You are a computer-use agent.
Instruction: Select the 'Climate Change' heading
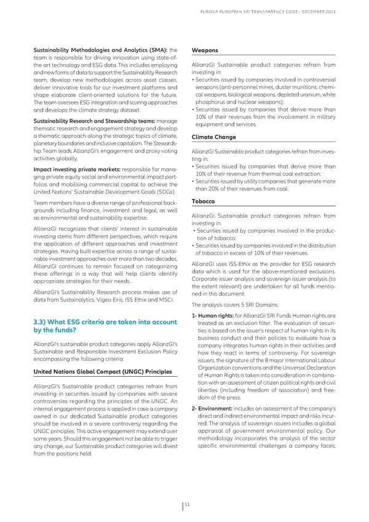(213, 137)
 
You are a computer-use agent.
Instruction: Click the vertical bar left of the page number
(183, 505)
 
